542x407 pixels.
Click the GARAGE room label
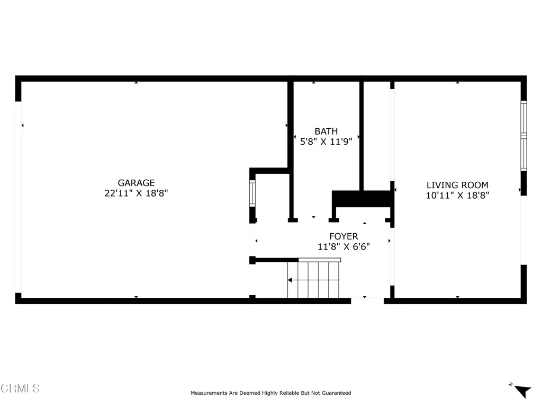point(136,183)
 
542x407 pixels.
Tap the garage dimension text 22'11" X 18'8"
point(136,193)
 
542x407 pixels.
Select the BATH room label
point(326,131)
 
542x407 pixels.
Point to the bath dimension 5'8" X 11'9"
point(326,141)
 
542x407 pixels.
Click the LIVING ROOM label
point(457,185)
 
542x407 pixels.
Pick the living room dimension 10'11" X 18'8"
point(457,195)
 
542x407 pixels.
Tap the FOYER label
point(344,236)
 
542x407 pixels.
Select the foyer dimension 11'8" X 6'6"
point(344,246)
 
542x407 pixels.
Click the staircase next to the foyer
point(313,279)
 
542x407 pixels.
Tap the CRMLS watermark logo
point(20,388)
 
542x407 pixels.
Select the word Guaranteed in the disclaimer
point(334,393)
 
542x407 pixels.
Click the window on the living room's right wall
point(523,136)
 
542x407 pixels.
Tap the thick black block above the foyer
point(363,199)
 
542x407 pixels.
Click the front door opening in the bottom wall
point(367,300)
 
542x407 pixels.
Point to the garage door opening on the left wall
point(18,197)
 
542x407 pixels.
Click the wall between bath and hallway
point(362,135)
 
